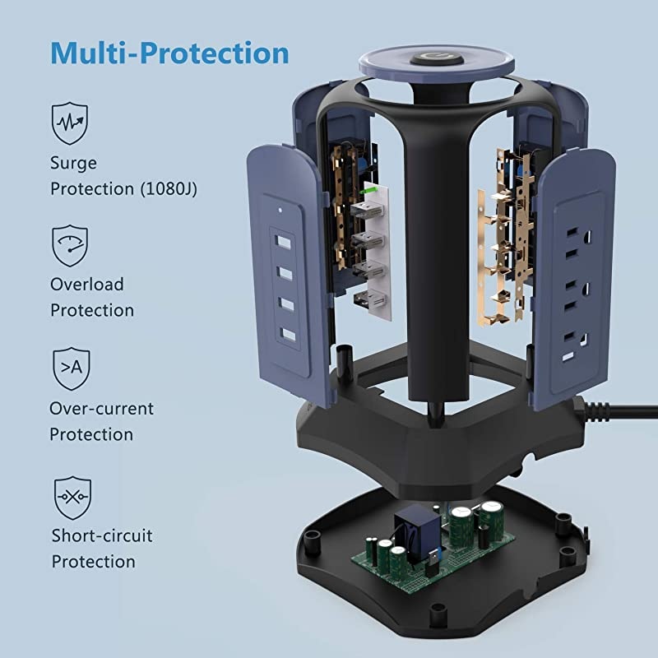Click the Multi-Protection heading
coord(169,53)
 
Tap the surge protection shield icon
coord(70,123)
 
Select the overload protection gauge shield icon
coord(70,245)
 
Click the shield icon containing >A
coord(72,368)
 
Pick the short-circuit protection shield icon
coord(72,498)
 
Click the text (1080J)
coord(169,189)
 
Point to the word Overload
coord(87,285)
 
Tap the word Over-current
coord(101,409)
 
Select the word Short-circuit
coord(102,536)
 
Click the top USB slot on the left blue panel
coord(284,242)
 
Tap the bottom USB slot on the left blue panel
coord(289,335)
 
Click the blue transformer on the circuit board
coord(417,532)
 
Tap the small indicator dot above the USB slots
coord(280,210)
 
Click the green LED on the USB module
coord(368,191)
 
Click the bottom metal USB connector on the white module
coord(369,299)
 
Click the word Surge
coord(73,163)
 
